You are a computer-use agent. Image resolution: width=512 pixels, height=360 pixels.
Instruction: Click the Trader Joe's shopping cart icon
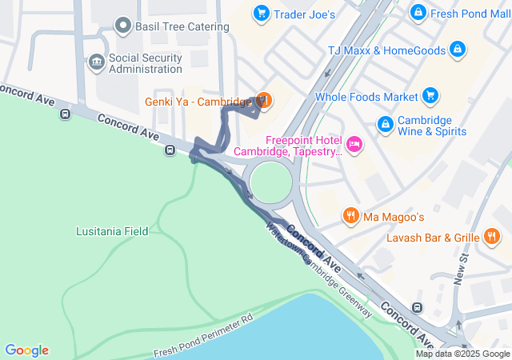coord(261,14)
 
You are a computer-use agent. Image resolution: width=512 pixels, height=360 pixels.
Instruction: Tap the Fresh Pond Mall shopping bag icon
coord(418,14)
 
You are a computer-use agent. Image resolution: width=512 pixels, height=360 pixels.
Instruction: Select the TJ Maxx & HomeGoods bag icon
coord(457,50)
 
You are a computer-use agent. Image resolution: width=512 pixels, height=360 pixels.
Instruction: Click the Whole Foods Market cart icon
coord(430,97)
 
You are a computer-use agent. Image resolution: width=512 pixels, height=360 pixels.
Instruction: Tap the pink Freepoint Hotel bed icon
coord(354,145)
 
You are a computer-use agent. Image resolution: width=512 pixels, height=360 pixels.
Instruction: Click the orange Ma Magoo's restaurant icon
coord(350,215)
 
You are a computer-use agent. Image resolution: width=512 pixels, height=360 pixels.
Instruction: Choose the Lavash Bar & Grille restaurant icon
coord(492,237)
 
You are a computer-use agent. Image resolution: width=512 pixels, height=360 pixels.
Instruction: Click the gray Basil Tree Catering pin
coord(123,26)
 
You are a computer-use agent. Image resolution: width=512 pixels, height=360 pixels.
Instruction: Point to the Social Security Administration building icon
coord(96,62)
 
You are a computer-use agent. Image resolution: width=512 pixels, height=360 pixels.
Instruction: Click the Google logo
coord(26,350)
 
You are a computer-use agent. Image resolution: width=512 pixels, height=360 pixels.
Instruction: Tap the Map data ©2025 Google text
coord(462,354)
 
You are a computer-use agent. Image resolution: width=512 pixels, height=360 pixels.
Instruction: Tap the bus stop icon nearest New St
coord(416,308)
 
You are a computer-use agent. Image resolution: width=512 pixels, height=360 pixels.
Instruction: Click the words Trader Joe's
coord(304,14)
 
